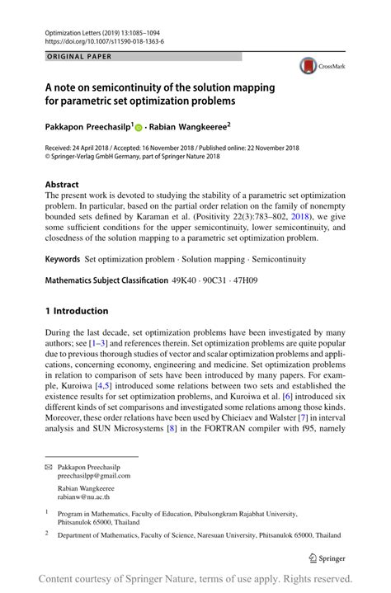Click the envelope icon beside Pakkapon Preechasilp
click(x=49, y=466)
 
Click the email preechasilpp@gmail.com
click(x=93, y=476)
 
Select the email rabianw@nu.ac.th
click(x=84, y=497)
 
